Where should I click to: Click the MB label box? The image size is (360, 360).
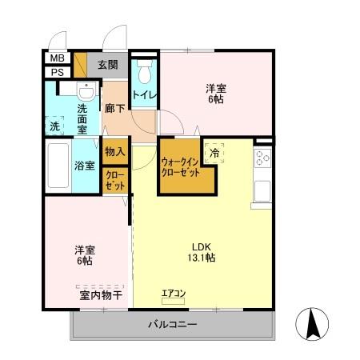[58, 58]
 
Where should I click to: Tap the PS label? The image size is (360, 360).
[58, 71]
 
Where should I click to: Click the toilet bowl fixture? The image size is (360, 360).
[145, 74]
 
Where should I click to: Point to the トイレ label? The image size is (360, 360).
[145, 95]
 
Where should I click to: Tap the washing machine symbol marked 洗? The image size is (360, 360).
[54, 126]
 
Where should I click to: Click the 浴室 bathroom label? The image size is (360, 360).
[86, 166]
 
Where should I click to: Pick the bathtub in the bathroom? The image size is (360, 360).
[58, 165]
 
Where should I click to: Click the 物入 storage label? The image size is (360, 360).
[114, 151]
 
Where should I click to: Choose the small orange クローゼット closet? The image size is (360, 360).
[114, 180]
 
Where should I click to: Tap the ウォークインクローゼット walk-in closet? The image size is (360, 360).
[182, 168]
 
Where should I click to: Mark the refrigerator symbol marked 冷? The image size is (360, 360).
[214, 150]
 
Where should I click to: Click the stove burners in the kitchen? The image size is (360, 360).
[262, 158]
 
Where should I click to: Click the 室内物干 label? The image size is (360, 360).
[101, 295]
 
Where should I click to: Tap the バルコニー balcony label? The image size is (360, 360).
[172, 325]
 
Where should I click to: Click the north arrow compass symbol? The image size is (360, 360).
[314, 325]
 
